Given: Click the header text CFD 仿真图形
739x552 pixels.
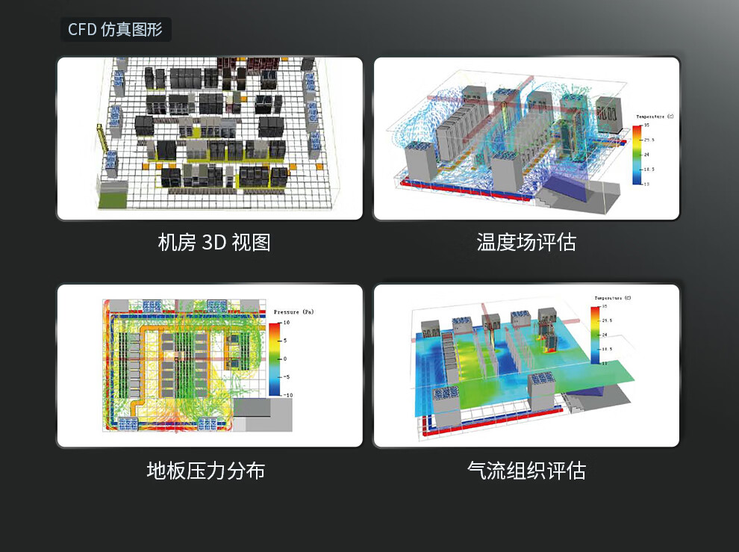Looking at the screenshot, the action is tap(115, 30).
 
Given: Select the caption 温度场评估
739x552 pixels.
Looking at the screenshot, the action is tap(526, 243).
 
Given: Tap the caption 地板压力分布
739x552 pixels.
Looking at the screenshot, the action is tap(205, 471).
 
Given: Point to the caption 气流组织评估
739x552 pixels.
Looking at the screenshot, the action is tap(526, 471).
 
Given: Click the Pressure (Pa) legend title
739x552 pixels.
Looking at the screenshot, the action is tap(296, 311).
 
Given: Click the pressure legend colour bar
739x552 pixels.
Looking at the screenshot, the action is tap(275, 358).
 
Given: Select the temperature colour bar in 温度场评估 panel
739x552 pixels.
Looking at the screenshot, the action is tap(636, 154).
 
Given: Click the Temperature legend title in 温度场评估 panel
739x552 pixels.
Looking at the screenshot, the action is tap(654, 117).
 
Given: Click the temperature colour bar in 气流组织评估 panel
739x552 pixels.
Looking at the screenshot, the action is tap(594, 334).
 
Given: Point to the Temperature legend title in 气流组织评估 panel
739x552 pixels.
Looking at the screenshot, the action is tap(611, 298).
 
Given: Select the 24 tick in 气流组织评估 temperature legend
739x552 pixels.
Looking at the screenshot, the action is tap(605, 335).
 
